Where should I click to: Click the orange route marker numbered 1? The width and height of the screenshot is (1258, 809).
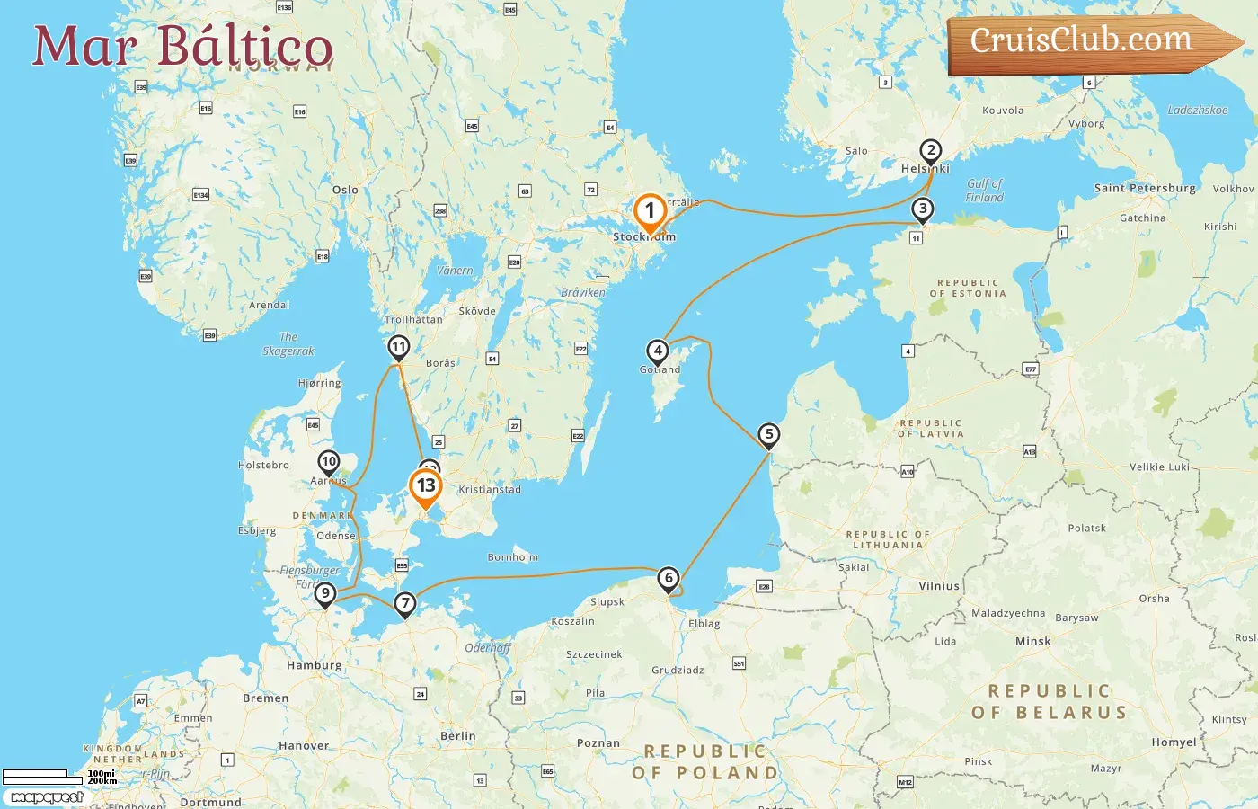(x=650, y=212)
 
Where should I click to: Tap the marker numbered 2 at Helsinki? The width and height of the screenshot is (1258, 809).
(x=931, y=151)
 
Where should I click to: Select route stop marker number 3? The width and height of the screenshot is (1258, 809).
(x=922, y=209)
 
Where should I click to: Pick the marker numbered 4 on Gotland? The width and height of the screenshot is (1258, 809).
(x=658, y=351)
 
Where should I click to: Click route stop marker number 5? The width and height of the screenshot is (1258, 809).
(x=768, y=435)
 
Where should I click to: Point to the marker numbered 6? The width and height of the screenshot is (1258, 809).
(x=668, y=578)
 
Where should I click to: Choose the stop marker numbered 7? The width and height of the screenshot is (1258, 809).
(x=405, y=603)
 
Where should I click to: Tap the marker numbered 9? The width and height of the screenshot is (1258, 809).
(x=325, y=593)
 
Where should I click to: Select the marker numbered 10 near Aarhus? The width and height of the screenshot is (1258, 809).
(x=329, y=462)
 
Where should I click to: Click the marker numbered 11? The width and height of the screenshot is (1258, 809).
(x=398, y=346)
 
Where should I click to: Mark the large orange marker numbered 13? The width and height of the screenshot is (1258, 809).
(x=426, y=486)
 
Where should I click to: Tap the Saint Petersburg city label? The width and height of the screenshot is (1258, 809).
(x=1144, y=188)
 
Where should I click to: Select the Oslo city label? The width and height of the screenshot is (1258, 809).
(x=345, y=190)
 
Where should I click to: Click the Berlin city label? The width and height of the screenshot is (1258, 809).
(x=457, y=735)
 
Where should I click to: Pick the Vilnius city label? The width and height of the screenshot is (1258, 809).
(x=939, y=586)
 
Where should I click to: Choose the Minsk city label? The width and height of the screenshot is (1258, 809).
(x=1032, y=641)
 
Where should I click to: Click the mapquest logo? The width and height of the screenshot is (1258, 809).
(x=47, y=796)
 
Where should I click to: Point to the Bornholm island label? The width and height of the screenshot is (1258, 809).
(x=512, y=557)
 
